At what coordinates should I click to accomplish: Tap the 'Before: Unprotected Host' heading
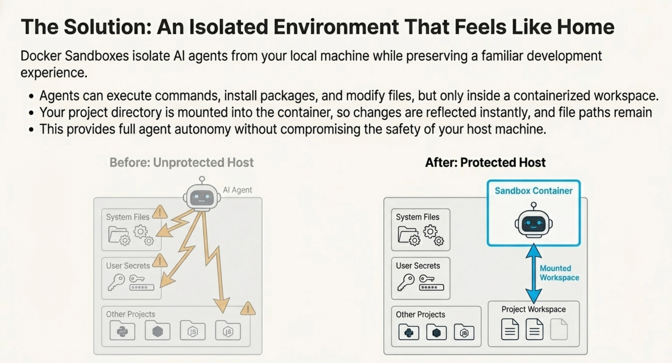tap(181, 162)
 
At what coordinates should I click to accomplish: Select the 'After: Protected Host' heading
tap(485, 162)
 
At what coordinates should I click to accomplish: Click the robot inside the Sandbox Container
tap(534, 220)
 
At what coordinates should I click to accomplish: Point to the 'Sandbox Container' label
tap(534, 191)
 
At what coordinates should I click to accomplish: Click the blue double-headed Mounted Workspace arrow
tap(534, 273)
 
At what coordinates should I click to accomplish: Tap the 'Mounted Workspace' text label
tap(559, 273)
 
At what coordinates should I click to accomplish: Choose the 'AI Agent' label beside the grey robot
tap(237, 190)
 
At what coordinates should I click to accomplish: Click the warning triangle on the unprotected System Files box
tap(160, 212)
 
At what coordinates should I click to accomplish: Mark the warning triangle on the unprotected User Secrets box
tap(160, 261)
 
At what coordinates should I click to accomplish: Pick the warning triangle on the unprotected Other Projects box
tap(248, 308)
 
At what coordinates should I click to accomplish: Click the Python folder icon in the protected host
tap(409, 332)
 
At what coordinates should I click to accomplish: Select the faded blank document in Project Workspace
tap(559, 329)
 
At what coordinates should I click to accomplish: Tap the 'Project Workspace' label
tap(534, 309)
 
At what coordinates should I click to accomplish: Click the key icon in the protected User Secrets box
tap(406, 282)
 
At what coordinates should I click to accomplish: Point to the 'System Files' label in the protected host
tap(418, 217)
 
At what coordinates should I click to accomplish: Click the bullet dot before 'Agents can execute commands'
tap(31, 97)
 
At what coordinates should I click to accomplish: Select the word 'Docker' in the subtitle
tap(41, 56)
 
